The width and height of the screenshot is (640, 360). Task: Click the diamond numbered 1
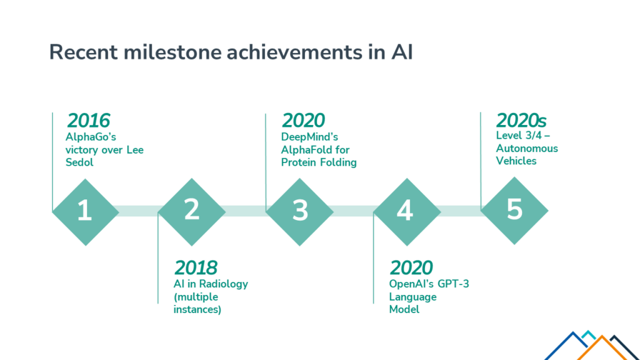pos(86,212)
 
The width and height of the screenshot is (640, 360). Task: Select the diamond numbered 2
pos(192,212)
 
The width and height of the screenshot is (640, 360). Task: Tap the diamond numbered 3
pos(299,212)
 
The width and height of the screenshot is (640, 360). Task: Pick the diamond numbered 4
pos(407,212)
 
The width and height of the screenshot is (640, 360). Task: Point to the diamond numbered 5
pos(514,211)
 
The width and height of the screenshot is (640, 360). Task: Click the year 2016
pos(89,121)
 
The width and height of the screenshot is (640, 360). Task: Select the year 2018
pos(196,267)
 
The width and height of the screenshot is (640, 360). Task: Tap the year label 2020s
pos(521,121)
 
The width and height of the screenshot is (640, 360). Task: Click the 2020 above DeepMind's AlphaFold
pos(303,121)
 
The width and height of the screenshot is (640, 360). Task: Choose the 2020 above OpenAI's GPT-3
pos(411,267)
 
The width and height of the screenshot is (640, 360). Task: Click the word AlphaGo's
pos(91,137)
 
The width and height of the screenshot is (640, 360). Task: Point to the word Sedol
pos(79,162)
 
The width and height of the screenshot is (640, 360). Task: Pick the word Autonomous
pos(527,148)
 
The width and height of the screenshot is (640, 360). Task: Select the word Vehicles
pos(516,161)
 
